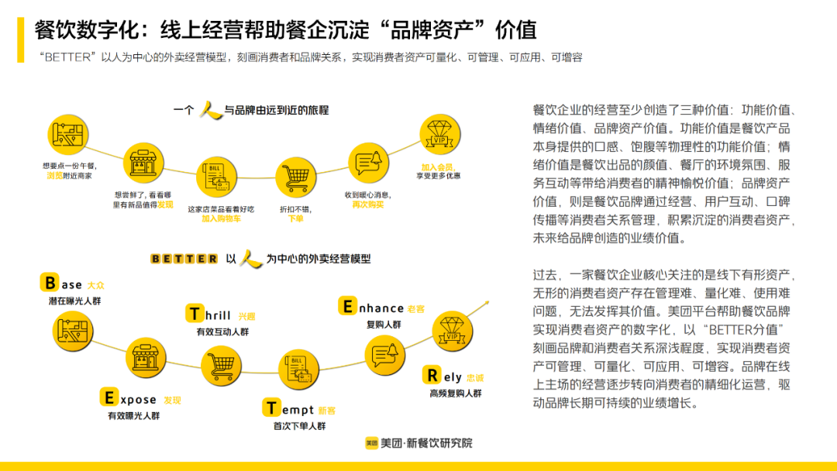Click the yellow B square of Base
pos(50,284)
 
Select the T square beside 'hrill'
pos(195,314)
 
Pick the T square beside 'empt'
pos(272,408)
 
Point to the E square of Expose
pos(109,398)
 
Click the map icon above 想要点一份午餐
pos(67,132)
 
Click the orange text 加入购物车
pos(221,219)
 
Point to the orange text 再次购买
pos(368,205)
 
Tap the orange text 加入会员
pos(436,166)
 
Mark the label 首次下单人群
pos(299,426)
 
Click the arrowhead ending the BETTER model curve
pos(485,302)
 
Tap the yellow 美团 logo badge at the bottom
pos(372,443)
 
